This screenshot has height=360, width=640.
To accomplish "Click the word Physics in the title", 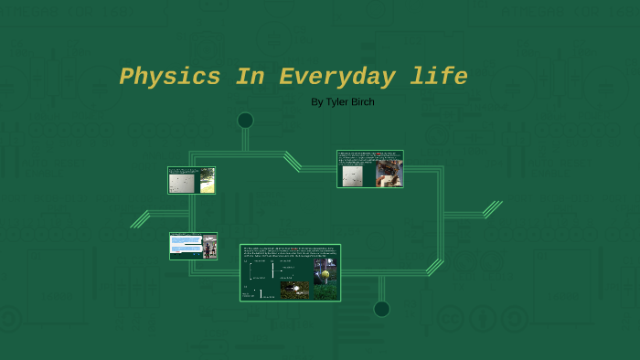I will (x=170, y=78).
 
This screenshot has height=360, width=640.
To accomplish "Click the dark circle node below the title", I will (x=245, y=121).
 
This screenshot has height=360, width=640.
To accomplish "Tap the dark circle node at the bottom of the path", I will (x=381, y=309).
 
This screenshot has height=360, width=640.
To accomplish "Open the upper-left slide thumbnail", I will (x=191, y=180).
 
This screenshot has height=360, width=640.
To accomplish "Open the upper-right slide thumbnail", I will (x=369, y=169).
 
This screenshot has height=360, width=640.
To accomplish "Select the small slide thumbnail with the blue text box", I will (x=193, y=246).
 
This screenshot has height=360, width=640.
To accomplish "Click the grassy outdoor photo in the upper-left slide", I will (x=208, y=183).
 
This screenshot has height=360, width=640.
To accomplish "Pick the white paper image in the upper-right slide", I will (x=352, y=175).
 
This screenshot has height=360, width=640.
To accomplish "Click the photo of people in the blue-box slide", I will (x=209, y=248).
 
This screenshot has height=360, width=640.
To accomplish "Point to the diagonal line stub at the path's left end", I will (x=140, y=219).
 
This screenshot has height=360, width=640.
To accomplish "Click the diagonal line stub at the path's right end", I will (x=493, y=209).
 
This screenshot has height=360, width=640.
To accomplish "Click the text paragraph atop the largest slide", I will (x=290, y=252).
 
